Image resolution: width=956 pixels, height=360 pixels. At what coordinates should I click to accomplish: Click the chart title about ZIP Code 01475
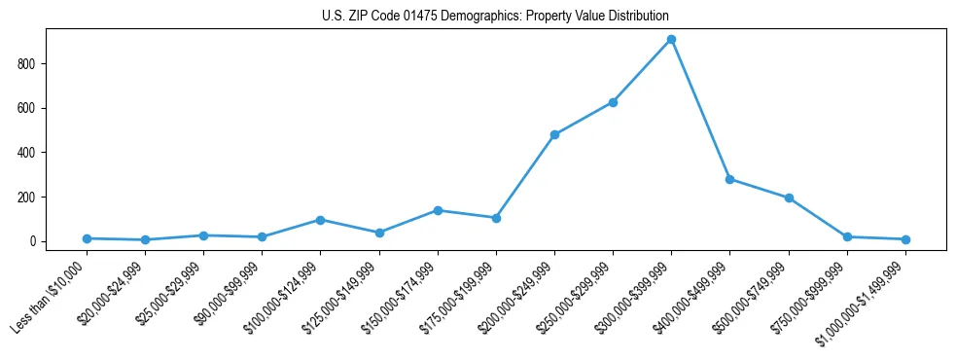click(495, 17)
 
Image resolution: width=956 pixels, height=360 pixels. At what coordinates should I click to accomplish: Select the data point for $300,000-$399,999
click(671, 40)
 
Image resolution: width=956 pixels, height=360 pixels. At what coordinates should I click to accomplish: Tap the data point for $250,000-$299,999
click(613, 102)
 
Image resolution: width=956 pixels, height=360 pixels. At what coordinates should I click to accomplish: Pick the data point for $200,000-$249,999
click(554, 135)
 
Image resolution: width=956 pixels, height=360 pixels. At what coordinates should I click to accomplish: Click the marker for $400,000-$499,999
click(729, 179)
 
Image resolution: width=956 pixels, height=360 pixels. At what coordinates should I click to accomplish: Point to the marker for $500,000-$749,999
click(789, 198)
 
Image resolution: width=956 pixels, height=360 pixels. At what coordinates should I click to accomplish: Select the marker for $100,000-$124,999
click(320, 220)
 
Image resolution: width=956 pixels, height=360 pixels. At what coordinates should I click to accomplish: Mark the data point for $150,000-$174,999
click(438, 210)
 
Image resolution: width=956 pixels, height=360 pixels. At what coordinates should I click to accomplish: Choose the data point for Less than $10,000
click(87, 238)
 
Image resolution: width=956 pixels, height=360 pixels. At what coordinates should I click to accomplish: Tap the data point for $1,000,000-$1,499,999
click(905, 239)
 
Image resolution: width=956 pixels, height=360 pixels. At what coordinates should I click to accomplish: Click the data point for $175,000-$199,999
click(496, 218)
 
